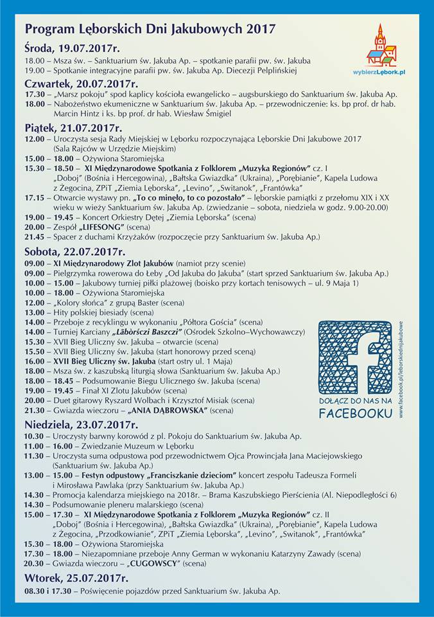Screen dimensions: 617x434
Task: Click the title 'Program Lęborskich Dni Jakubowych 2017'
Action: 150,29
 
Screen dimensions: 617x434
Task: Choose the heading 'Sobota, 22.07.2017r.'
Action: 74,251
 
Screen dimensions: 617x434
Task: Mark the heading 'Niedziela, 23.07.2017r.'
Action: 81,425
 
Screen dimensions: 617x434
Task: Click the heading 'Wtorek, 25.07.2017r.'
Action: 76,578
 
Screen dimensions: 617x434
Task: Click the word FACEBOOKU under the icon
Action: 355,413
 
